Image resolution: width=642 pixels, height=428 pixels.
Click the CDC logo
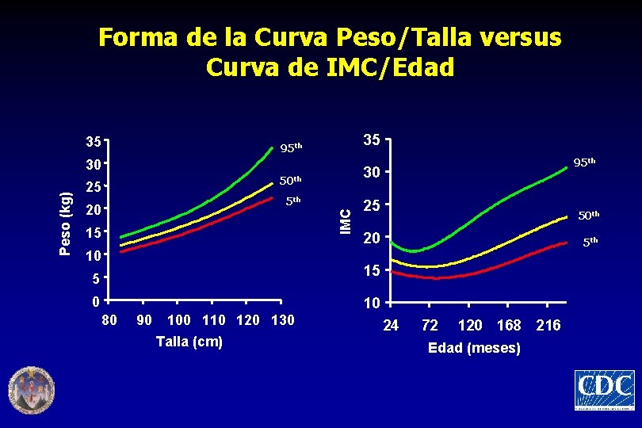tap(605, 390)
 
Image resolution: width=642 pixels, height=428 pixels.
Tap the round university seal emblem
tap(32, 390)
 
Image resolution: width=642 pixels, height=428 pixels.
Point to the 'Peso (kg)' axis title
tap(65, 224)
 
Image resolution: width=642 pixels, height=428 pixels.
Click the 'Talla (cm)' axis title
tap(189, 342)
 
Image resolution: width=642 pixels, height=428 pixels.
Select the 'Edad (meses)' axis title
tap(474, 348)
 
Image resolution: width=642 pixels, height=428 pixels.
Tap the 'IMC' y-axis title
tap(346, 222)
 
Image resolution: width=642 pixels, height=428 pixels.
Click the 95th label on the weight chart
tap(291, 147)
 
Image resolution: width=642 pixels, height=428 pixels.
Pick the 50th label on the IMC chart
tap(589, 215)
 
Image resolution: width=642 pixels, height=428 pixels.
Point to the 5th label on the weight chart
tap(293, 201)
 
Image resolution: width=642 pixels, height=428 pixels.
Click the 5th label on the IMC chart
tap(590, 242)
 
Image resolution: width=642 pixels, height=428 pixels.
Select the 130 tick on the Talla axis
tap(283, 319)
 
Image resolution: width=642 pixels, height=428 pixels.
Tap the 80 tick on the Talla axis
tap(109, 319)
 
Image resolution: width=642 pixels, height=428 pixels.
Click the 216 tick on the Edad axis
tap(548, 325)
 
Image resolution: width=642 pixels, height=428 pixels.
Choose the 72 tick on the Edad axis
tap(430, 325)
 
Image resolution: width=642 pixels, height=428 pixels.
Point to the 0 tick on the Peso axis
tap(96, 301)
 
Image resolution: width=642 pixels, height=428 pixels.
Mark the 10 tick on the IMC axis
tap(372, 303)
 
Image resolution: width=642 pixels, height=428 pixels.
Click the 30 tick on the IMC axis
tap(372, 172)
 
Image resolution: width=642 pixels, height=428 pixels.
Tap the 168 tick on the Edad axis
tap(509, 325)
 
